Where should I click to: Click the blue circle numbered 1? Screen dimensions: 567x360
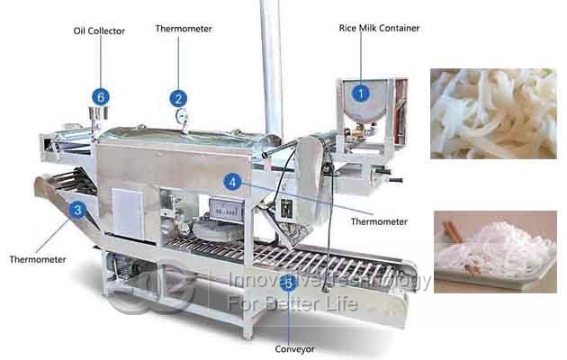pos(360,94)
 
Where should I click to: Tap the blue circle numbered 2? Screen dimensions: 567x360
pos(178,99)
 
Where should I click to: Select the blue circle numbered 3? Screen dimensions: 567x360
pos(77,210)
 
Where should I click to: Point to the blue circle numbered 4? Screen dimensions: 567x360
pos(232,182)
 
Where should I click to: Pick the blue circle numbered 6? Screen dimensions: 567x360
pos(101,97)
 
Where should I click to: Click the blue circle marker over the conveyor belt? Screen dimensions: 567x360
pos(289,283)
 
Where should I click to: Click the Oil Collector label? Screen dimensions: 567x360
pos(99,31)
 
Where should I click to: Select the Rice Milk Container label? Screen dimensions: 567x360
pos(379,28)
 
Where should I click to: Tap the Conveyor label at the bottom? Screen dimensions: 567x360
pos(294,349)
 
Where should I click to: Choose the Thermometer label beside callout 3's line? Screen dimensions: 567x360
pos(38,259)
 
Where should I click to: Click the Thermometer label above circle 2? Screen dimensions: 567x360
pos(184,29)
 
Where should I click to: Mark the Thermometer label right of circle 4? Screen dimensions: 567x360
pos(379,221)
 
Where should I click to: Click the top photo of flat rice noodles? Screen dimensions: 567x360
pos(493,113)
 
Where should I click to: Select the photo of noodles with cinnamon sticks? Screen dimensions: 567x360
pos(495,252)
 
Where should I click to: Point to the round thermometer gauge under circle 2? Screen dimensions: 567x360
pos(181,116)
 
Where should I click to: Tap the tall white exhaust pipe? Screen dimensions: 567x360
pos(271,68)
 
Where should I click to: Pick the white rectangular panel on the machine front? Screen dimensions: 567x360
pos(127,213)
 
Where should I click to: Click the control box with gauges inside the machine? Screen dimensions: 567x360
pos(227,210)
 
